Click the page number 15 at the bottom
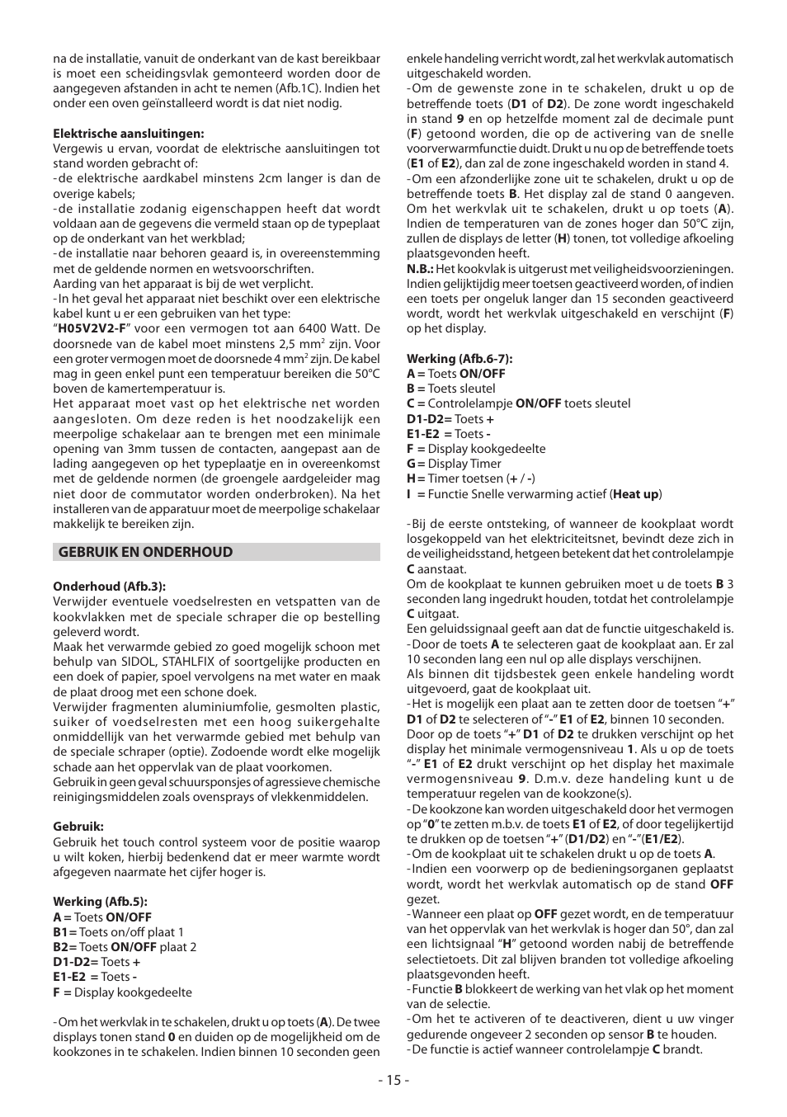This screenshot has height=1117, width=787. coord(393,1080)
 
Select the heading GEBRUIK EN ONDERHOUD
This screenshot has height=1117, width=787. coord(145,552)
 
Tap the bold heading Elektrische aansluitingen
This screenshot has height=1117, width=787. coord(129,134)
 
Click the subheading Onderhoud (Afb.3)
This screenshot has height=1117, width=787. coord(110,587)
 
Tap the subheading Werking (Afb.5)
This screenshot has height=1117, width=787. coord(100,902)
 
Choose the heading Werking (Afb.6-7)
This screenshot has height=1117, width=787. coord(459,359)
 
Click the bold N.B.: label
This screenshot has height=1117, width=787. coord(420,269)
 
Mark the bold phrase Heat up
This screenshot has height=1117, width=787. coord(636,494)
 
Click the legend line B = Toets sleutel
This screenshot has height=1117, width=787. coord(451,389)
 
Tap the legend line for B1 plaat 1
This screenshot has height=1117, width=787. coord(119,932)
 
